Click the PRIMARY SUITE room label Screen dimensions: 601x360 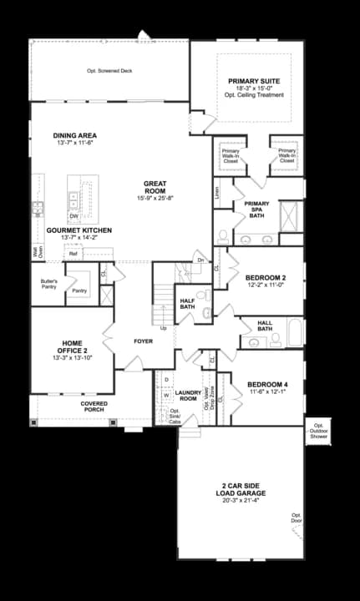[254, 82]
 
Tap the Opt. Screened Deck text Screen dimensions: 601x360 [109, 71]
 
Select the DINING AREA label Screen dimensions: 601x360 [74, 134]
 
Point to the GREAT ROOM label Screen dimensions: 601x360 [155, 188]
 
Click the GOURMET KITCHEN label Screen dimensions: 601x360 [79, 230]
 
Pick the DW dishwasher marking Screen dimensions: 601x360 [74, 216]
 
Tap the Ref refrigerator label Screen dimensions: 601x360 [74, 253]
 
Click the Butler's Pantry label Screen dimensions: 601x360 [48, 284]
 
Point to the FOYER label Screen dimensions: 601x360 [143, 341]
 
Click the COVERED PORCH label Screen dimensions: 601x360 [94, 407]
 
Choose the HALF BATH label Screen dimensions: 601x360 [187, 303]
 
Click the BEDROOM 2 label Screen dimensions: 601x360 [266, 278]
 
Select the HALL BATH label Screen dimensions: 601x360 [265, 326]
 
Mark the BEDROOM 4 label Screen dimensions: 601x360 [267, 385]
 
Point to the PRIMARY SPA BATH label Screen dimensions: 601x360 [256, 209]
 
